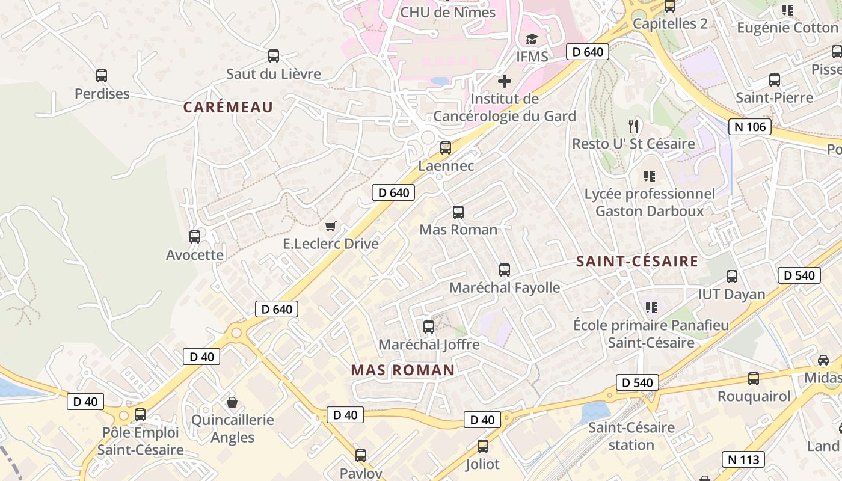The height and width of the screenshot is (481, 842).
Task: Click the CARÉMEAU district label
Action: [x=228, y=108]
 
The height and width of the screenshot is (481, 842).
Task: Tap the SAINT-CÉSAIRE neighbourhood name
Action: [x=637, y=262]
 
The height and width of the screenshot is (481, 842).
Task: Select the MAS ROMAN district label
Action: [x=402, y=370]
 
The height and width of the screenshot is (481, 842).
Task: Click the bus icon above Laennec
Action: [x=445, y=148]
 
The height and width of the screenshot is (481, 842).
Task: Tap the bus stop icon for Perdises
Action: [x=102, y=76]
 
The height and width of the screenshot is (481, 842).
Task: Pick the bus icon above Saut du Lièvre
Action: [x=274, y=56]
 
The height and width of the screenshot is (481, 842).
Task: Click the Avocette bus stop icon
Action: [x=195, y=237]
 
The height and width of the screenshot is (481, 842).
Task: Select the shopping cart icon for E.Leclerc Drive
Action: [x=330, y=226]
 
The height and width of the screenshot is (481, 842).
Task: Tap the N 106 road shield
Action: [x=750, y=127]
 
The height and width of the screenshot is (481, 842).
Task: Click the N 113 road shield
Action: [x=743, y=460]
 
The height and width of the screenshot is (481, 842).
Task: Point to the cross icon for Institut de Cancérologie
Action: [x=505, y=81]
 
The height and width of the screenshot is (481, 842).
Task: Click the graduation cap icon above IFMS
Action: [x=532, y=40]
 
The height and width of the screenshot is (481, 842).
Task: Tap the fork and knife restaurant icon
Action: [x=633, y=126]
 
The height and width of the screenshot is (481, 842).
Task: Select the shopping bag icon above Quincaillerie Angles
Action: [x=232, y=402]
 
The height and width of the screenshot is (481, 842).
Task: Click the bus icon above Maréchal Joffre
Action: [x=429, y=327]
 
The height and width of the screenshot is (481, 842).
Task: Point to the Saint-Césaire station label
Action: [x=631, y=437]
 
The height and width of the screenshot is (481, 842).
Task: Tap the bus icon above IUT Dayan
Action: [x=732, y=277]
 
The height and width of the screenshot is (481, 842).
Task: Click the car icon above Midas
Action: [x=823, y=360]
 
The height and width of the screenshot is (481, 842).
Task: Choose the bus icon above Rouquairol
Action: [x=754, y=379]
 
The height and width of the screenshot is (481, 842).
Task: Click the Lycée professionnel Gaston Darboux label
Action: [x=650, y=203]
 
